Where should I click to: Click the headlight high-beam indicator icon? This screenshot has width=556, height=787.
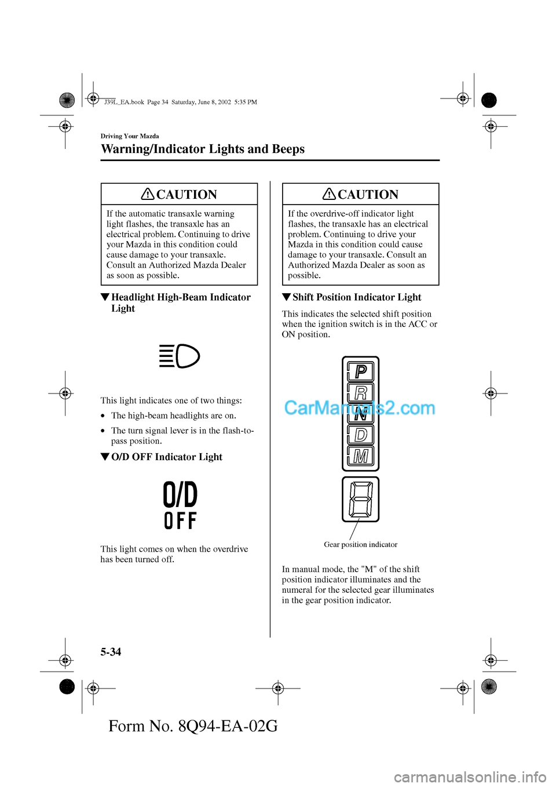tap(180, 356)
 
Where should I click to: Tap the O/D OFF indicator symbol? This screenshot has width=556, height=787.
tap(181, 505)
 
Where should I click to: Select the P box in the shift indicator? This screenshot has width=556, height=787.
tap(360, 371)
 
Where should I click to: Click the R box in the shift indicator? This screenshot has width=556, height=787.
tap(360, 393)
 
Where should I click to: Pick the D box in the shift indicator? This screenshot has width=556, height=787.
tap(360, 435)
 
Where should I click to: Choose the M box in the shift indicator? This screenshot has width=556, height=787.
tap(360, 457)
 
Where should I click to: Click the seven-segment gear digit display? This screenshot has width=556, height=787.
tap(360, 499)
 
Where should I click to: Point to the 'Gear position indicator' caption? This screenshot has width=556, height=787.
tap(360, 544)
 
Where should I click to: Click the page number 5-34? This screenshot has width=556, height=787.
tap(111, 652)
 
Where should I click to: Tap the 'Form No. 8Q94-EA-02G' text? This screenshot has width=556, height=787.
tap(193, 726)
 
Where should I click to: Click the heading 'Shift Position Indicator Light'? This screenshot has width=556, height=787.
tap(357, 297)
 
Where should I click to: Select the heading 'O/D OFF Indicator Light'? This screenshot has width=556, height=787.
tap(167, 457)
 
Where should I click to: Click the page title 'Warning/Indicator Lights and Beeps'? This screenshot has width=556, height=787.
tap(203, 149)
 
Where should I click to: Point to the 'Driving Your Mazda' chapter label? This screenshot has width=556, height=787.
tap(130, 136)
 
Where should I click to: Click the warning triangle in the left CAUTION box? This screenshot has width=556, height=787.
tap(148, 194)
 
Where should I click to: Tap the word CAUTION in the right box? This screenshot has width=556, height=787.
tap(368, 194)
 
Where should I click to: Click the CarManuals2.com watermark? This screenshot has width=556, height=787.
tap(360, 408)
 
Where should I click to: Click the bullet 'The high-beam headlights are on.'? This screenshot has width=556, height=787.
tap(173, 416)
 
